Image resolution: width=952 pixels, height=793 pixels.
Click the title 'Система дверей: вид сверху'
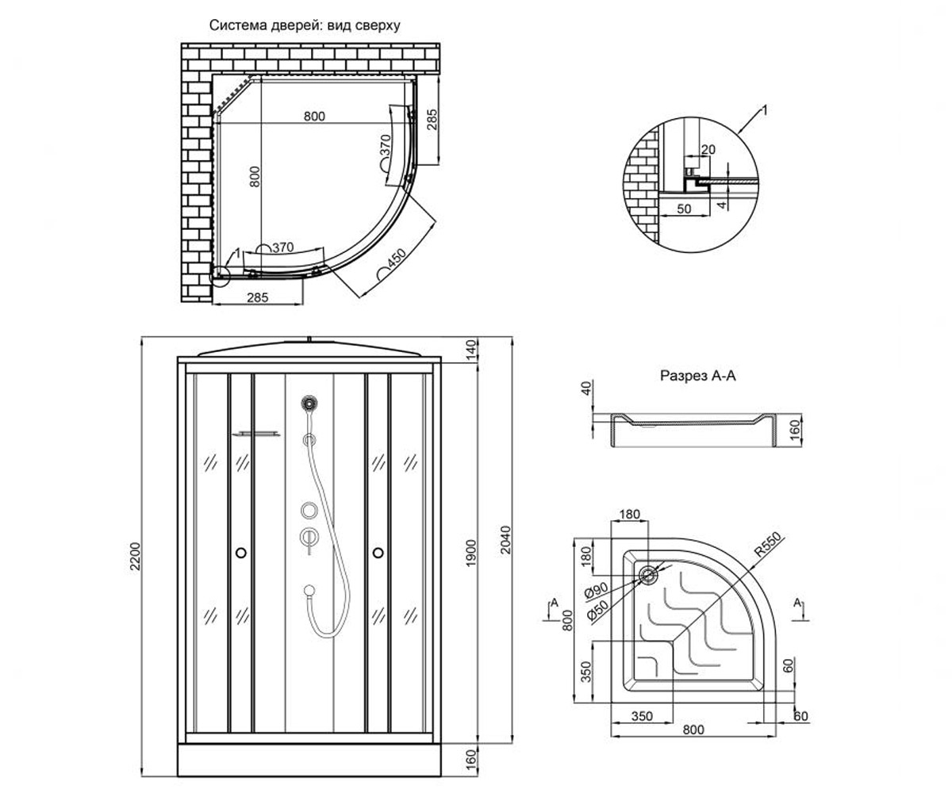coord(305,25)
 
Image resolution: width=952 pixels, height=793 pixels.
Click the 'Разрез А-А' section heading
coord(698,376)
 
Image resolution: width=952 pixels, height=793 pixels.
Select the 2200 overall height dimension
coord(136,556)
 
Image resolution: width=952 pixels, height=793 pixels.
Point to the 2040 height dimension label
coord(505,539)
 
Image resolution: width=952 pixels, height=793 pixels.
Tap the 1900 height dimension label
coord(471,554)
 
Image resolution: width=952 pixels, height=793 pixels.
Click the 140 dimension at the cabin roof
coord(471,349)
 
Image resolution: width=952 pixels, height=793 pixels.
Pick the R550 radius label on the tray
coord(768,544)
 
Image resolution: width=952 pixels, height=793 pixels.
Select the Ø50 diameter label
coord(597,611)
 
